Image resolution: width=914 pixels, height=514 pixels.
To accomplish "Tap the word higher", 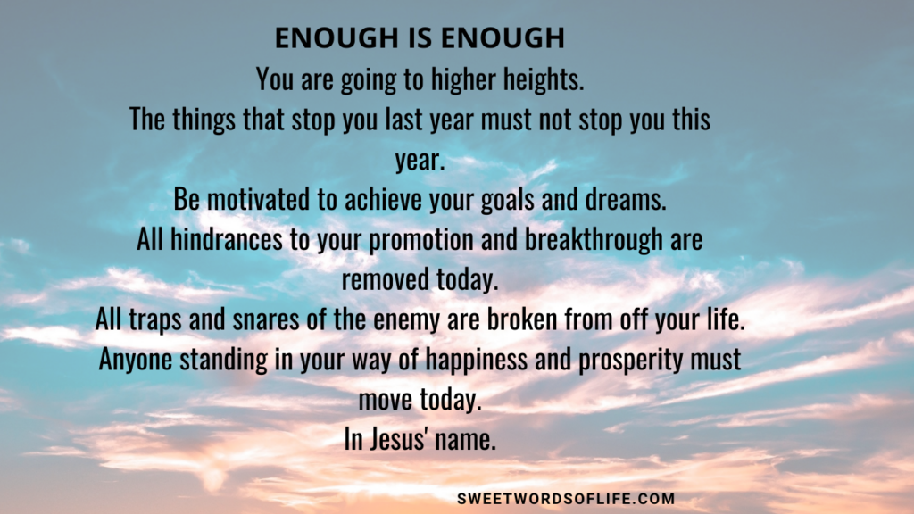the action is [463, 79].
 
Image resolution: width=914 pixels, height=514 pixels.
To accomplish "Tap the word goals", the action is [507, 200].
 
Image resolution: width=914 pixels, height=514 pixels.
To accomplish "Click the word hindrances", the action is [226, 239].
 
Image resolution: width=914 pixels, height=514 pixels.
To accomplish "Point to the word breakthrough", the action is [594, 240].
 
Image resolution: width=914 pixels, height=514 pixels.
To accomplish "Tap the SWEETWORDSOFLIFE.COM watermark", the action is [566, 499].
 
